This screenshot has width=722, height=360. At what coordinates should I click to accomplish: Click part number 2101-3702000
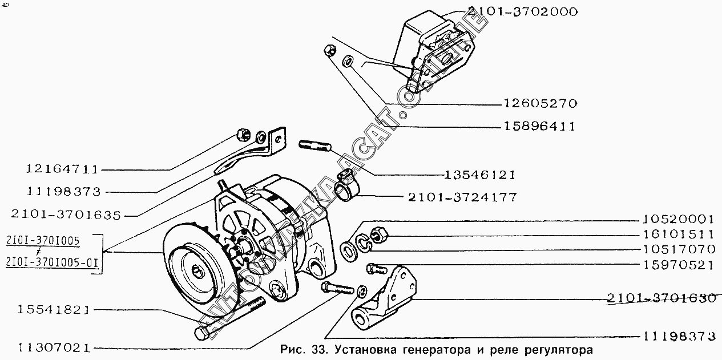(x=522, y=11)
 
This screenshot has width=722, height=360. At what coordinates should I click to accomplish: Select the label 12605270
(x=541, y=103)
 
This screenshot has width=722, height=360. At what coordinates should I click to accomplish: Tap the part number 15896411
(x=539, y=126)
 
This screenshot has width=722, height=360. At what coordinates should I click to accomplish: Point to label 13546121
(x=480, y=175)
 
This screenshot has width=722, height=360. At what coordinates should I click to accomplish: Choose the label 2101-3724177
(x=462, y=197)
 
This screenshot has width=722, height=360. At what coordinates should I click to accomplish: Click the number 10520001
(x=679, y=219)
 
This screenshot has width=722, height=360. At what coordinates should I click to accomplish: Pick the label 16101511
(x=679, y=234)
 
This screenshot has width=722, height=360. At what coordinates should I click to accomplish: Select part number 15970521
(x=679, y=265)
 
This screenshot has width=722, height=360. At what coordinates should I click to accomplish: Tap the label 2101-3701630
(x=661, y=298)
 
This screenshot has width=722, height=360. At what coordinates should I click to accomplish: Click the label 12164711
(x=62, y=169)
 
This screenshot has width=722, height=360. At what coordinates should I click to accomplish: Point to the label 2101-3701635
(x=66, y=215)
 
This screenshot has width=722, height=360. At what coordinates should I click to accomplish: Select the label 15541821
(x=53, y=310)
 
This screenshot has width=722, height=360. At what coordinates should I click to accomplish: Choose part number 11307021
(x=54, y=348)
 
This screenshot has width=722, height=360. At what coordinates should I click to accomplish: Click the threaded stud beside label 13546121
(x=314, y=145)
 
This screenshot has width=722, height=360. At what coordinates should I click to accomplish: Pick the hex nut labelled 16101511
(x=380, y=234)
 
